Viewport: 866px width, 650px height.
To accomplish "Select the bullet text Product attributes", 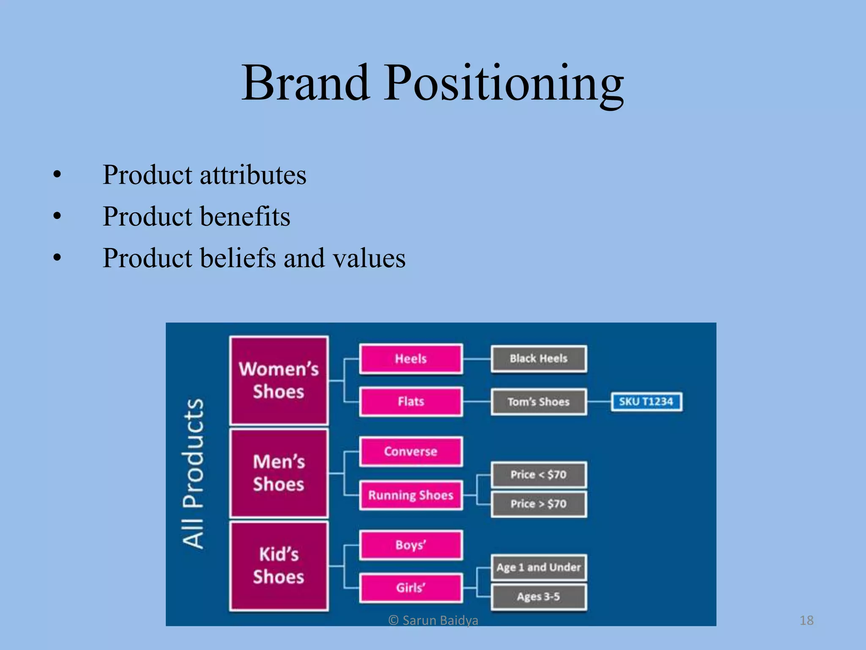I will click(204, 175).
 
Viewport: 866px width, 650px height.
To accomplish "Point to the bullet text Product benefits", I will click(196, 217).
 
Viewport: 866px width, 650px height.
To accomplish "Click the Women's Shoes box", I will click(279, 380).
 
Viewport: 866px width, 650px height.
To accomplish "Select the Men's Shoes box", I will click(279, 473).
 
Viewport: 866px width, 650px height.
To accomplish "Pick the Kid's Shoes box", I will click(279, 566).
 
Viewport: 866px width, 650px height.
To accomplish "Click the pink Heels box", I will click(411, 359).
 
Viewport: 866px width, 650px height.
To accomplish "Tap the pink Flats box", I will click(411, 401).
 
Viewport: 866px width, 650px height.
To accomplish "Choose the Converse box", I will click(411, 452).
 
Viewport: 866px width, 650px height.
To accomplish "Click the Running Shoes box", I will click(411, 495).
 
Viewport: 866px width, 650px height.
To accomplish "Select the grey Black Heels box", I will click(538, 359).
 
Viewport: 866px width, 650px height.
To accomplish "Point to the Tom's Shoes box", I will click(538, 402).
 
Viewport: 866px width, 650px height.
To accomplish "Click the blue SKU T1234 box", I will click(646, 402).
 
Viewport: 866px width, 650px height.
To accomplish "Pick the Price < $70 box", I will click(538, 474).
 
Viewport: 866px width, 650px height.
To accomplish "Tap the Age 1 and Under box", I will click(538, 567).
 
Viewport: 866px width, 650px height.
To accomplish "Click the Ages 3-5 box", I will click(538, 597).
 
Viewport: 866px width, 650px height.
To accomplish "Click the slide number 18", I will click(806, 620).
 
